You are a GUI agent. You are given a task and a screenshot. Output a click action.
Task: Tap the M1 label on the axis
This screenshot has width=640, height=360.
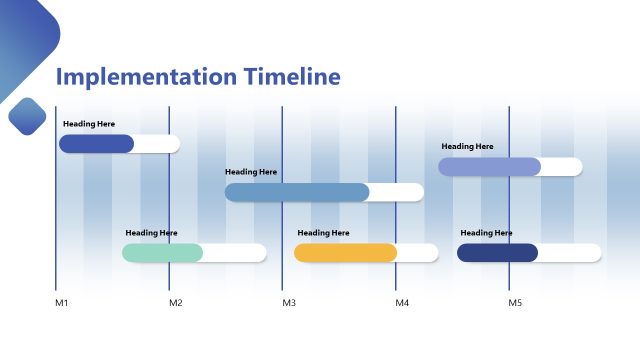point(61,302)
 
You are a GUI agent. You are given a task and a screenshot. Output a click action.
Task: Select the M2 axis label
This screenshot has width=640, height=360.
point(175,302)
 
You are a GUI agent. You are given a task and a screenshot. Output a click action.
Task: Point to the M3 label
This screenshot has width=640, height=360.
point(288,302)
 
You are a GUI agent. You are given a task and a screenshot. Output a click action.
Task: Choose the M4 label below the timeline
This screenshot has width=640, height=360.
point(401,302)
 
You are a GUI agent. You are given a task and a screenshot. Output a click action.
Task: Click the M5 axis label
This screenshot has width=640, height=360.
point(515,302)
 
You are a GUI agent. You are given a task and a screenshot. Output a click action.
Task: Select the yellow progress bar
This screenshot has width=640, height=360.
point(345,253)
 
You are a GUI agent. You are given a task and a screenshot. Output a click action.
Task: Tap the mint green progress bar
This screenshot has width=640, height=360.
point(162,253)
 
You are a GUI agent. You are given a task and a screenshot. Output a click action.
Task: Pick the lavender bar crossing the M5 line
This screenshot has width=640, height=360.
point(489,166)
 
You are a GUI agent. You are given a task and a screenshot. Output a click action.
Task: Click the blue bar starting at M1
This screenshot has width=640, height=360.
point(96,144)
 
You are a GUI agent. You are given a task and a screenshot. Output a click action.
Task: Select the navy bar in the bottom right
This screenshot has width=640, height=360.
point(497,253)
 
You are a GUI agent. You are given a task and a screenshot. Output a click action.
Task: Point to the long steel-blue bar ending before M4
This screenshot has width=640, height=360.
point(297,192)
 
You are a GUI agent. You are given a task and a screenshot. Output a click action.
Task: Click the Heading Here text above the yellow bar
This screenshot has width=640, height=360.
point(323,233)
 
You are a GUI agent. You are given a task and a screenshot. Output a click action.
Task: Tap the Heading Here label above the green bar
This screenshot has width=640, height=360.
point(151,233)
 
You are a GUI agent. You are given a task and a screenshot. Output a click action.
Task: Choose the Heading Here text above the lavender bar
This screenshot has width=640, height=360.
point(467,146)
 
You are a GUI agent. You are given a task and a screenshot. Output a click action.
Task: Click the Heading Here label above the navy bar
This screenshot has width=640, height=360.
point(486,233)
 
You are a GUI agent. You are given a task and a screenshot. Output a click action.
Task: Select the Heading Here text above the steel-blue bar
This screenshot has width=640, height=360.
point(251,172)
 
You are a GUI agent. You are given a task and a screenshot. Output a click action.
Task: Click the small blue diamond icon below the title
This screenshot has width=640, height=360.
point(27,116)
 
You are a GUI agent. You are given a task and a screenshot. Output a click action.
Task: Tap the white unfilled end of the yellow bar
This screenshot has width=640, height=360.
point(417,253)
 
